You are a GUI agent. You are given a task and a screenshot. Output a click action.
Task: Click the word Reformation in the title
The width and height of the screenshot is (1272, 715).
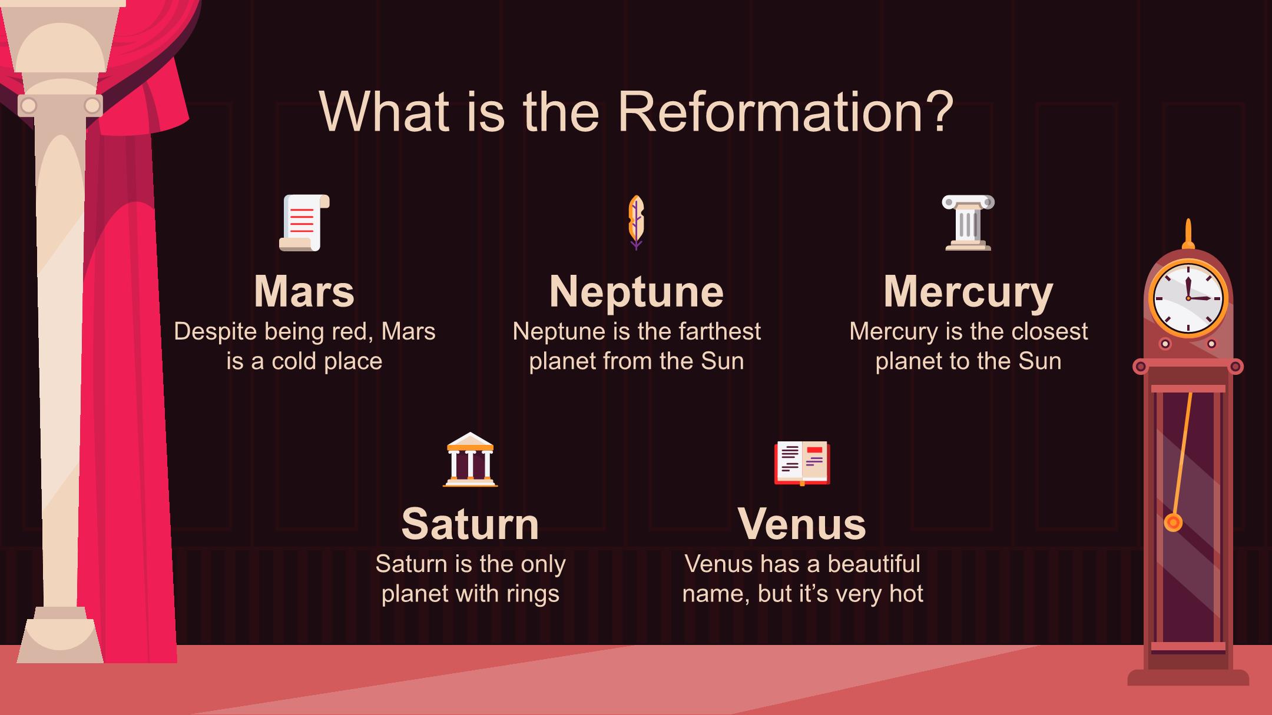click(x=768, y=111)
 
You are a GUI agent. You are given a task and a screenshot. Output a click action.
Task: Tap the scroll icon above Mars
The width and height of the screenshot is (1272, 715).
click(x=304, y=223)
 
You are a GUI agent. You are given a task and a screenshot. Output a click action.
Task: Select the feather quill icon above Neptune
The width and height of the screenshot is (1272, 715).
click(x=636, y=222)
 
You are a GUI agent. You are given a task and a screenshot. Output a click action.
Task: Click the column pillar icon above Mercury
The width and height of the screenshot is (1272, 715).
click(x=968, y=223)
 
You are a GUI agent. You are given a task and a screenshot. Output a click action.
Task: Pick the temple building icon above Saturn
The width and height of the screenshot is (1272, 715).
click(x=470, y=460)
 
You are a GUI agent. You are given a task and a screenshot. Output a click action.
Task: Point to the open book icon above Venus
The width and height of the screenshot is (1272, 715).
click(x=802, y=463)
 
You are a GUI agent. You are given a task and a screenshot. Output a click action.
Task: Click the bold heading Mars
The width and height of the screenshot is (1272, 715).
click(x=304, y=291)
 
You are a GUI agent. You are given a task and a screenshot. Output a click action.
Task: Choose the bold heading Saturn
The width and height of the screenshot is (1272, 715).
click(x=470, y=524)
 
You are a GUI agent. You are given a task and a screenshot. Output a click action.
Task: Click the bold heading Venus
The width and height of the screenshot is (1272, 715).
click(x=802, y=524)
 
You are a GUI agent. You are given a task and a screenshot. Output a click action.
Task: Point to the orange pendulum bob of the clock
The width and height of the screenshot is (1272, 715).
click(x=1173, y=522)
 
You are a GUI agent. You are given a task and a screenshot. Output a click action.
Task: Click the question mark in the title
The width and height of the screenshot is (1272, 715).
click(x=939, y=111)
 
